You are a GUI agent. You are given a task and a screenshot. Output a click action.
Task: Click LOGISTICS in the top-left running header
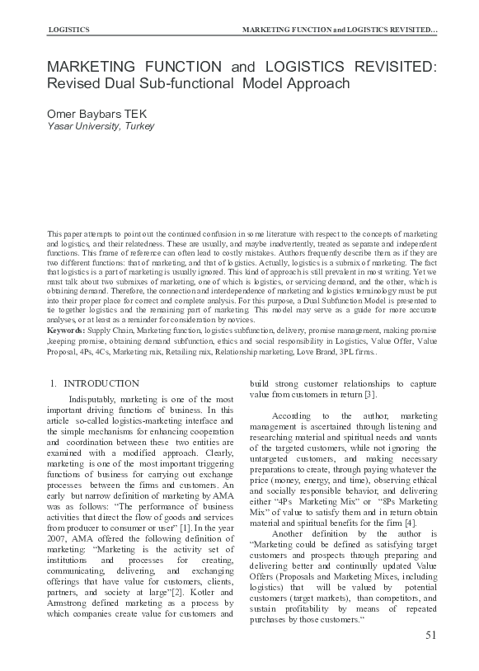click(x=70, y=30)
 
